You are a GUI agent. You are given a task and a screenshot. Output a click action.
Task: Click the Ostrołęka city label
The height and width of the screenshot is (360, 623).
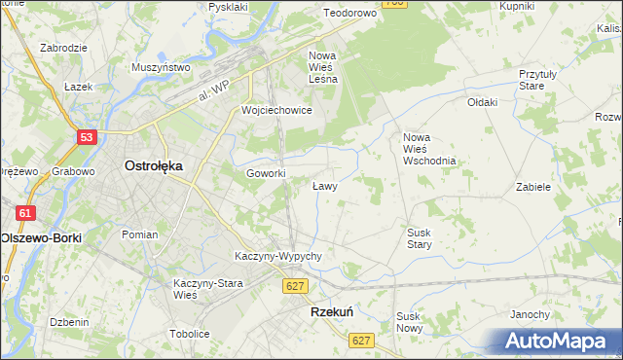154,165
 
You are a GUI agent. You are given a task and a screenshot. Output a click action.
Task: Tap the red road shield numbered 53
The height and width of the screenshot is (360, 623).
88,138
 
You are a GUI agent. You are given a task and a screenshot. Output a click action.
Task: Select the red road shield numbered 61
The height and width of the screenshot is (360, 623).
25,213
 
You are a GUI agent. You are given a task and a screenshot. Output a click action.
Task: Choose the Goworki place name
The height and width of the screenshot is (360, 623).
266,173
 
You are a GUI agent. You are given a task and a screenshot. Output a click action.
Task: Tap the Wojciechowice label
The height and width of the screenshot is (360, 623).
276,110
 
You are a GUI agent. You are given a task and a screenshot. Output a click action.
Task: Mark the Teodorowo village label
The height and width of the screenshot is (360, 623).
349,14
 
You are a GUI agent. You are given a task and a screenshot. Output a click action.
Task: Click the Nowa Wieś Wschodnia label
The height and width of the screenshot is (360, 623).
429,149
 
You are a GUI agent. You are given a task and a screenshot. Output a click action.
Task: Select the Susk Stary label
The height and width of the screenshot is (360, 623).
420,238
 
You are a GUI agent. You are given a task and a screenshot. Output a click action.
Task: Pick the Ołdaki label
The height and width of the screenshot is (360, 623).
482,102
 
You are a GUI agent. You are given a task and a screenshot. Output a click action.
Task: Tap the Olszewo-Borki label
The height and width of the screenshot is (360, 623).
41,237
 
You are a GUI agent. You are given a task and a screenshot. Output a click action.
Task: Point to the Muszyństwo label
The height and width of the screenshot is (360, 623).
161,68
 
